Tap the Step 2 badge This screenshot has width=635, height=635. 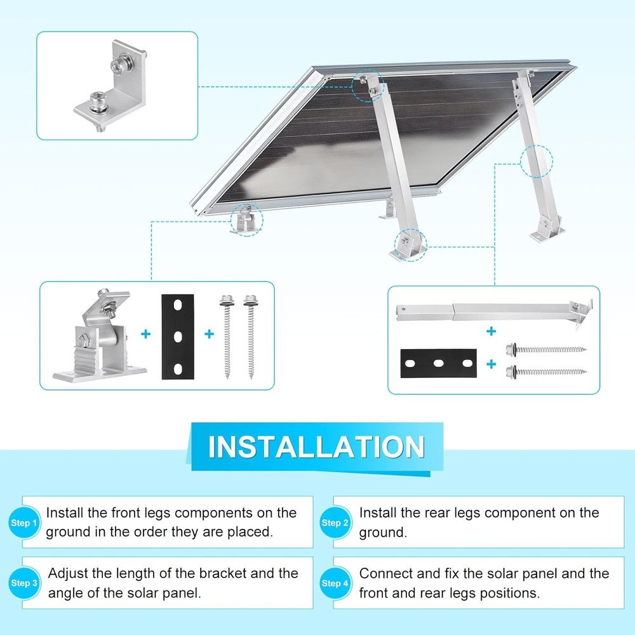pos(335,523)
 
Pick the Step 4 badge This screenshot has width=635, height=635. pos(335,583)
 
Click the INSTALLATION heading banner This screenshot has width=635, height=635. pos(316,447)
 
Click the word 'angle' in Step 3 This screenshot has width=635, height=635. pos(69,593)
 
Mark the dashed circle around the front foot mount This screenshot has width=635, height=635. pos(246,220)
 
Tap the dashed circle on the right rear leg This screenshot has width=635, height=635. pos(537,162)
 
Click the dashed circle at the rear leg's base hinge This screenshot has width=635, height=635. pos(410,243)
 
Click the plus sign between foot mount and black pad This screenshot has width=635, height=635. pos(145,334)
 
